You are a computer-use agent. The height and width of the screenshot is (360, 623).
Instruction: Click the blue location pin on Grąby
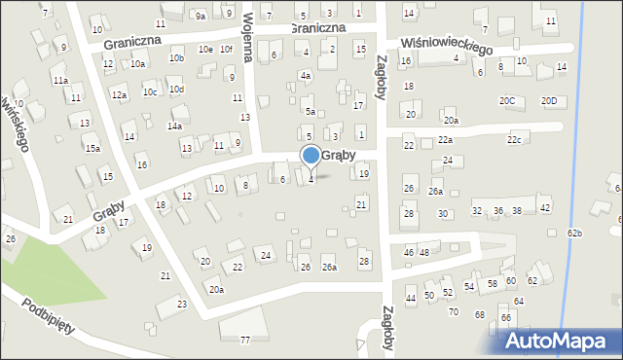pyautogui.click(x=311, y=156)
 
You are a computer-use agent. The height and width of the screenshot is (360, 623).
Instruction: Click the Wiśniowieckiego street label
pyautogui.click(x=447, y=46)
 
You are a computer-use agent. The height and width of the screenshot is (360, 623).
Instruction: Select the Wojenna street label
pyautogui.click(x=248, y=37)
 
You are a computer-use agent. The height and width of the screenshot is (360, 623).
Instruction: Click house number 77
pyautogui.click(x=245, y=340)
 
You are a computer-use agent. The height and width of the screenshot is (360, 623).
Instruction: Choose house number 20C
pyautogui.click(x=507, y=101)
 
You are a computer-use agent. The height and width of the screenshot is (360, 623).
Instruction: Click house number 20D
pyautogui.click(x=549, y=101)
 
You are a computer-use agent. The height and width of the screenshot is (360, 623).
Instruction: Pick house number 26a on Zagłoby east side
pyautogui.click(x=435, y=193)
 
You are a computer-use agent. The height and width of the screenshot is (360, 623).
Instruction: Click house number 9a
pyautogui.click(x=200, y=16)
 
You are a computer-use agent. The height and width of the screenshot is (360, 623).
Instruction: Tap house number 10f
pyautogui.click(x=226, y=49)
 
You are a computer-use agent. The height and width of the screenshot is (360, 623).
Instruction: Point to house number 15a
pyautogui.click(x=92, y=148)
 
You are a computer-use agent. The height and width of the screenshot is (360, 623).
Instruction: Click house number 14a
pyautogui.click(x=175, y=126)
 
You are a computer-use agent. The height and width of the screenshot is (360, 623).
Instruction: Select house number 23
pyautogui.click(x=182, y=305)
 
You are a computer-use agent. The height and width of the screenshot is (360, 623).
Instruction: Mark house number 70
pyautogui.click(x=453, y=312)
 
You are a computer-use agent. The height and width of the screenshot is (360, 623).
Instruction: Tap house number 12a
pyautogui.click(x=119, y=94)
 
